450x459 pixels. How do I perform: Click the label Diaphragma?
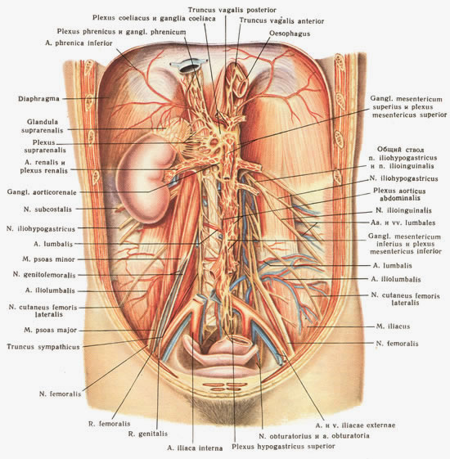pos(38,99)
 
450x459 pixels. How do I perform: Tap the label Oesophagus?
pos(290,34)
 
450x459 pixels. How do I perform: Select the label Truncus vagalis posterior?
pos(232,10)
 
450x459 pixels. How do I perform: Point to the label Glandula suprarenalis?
pos(43,126)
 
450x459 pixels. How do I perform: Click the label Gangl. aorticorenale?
pos(42,192)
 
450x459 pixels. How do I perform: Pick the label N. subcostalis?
pos(47,209)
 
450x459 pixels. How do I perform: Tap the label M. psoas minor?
pos(48,259)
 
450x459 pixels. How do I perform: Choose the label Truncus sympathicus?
pos(43,347)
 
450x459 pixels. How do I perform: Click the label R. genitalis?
pos(148,434)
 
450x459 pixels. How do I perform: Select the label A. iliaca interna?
pos(195,448)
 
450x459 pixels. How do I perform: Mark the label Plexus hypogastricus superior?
pos(283,447)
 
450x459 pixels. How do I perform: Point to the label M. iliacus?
pos(393,326)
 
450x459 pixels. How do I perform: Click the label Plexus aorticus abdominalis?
pos(399,195)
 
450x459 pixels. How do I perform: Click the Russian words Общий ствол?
pos(400,150)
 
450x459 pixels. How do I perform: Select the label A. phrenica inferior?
pos(79,43)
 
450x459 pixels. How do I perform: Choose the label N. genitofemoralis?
pos(44,275)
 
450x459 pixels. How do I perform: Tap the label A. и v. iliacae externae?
pos(355,425)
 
